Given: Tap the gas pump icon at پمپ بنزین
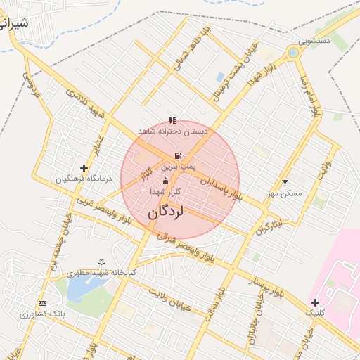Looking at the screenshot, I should coord(178,156).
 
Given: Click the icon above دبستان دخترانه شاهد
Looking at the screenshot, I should coord(173,120).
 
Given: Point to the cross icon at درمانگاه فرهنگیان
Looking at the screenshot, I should coord(84,168).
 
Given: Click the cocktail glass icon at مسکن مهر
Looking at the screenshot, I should coord(285,183).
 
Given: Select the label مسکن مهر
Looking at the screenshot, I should coord(285,193).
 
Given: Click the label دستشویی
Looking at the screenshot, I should coord(314,41).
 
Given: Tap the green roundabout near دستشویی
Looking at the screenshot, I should coord(293,53).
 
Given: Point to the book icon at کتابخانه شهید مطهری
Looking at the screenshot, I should coord(102,262).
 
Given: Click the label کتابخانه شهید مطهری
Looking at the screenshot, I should coord(102,272).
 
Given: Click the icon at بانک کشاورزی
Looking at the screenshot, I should coord(42,303).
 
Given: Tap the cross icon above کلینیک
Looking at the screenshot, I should coord(314,302).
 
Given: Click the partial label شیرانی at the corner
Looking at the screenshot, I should coord(14,23).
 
